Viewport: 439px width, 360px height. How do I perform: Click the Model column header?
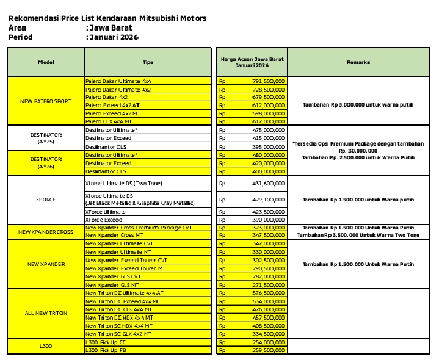tap(46, 62)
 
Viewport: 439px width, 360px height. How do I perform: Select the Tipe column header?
tap(148, 62)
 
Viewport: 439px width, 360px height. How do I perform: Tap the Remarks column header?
tap(358, 62)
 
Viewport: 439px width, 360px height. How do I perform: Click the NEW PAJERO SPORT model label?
tap(46, 101)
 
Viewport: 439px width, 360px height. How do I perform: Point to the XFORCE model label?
tap(46, 199)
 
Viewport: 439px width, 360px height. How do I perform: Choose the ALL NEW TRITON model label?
tap(46, 313)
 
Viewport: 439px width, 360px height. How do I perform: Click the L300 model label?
tap(46, 346)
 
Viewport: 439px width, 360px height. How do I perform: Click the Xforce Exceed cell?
tap(104, 220)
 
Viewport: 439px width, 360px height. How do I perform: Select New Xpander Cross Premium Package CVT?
tap(139, 228)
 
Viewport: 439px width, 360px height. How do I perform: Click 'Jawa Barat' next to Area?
tap(111, 27)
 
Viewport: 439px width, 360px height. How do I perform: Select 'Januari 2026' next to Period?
tap(114, 37)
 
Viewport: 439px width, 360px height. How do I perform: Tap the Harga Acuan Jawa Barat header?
tap(252, 62)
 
